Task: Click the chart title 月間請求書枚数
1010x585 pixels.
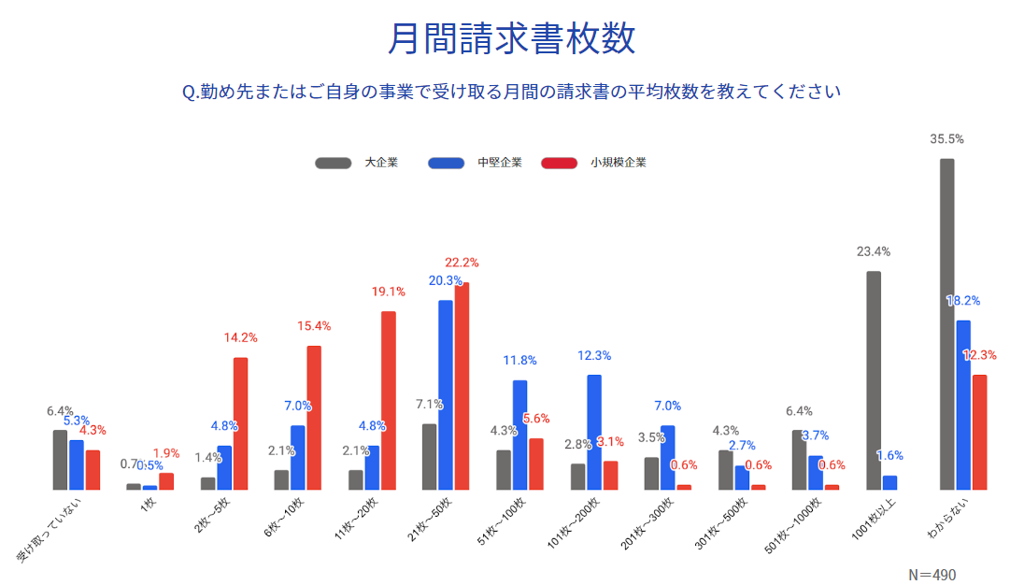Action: point(511,39)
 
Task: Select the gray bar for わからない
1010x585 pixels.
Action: point(946,323)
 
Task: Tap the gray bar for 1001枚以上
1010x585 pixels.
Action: point(874,379)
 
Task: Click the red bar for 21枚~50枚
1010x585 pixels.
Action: point(462,385)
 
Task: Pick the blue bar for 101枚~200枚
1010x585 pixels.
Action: point(594,432)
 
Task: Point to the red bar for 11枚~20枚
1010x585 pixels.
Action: point(388,400)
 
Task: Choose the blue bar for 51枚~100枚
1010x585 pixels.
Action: point(519,435)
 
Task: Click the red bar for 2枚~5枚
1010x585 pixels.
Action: point(240,422)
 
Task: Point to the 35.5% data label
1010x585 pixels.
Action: point(946,139)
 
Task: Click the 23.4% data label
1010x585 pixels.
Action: point(874,251)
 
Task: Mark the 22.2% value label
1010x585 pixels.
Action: point(462,263)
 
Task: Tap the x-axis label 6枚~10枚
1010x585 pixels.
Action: point(277,527)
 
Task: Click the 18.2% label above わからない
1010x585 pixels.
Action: point(963,301)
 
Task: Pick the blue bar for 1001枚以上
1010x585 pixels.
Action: point(889,482)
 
